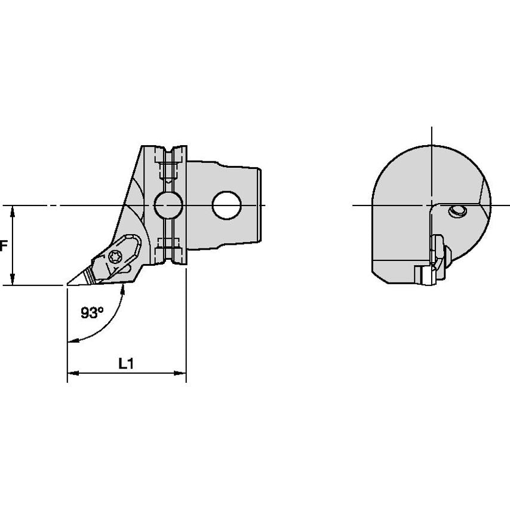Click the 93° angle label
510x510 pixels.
pyautogui.click(x=92, y=313)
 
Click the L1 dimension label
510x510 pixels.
pyautogui.click(x=126, y=364)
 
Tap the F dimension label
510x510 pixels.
pyautogui.click(x=3, y=245)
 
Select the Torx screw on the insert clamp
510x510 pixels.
pyautogui.click(x=115, y=257)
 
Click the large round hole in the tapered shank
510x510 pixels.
pyautogui.click(x=227, y=205)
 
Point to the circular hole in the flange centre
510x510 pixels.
pyautogui.click(x=168, y=205)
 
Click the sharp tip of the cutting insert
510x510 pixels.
pyautogui.click(x=67, y=285)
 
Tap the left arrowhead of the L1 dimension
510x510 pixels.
pyautogui.click(x=73, y=373)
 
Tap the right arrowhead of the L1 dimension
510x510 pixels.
pyautogui.click(x=180, y=373)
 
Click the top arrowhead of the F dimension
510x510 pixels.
pyautogui.click(x=13, y=211)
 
